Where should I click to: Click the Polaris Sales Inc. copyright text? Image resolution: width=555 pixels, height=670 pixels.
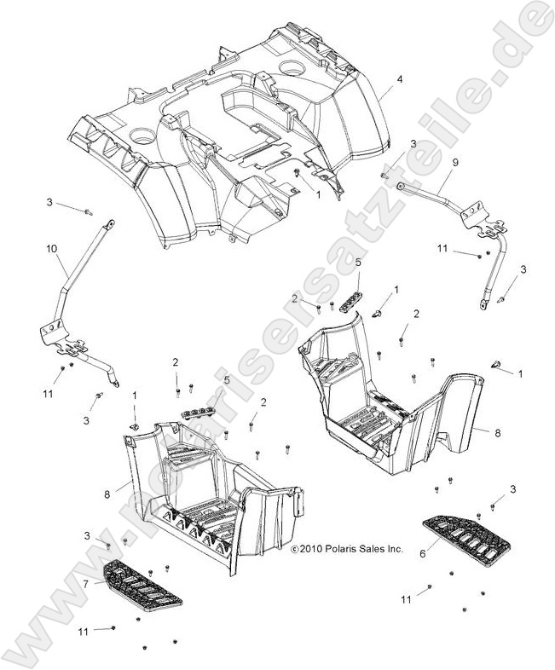pos(346,550)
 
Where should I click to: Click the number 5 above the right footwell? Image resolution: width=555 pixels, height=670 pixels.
pos(358,263)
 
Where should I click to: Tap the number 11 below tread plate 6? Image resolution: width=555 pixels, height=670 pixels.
pos(407,598)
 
